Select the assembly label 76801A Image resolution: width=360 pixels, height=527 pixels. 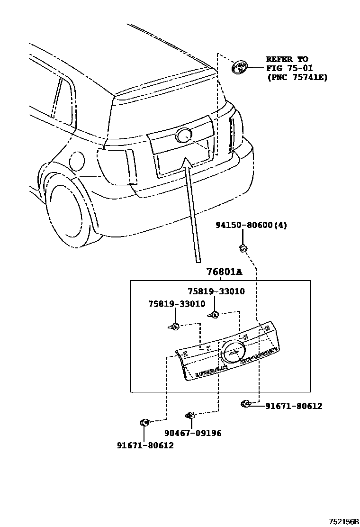pyautogui.click(x=224, y=273)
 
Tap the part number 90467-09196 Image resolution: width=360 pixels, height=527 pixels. pyautogui.click(x=193, y=433)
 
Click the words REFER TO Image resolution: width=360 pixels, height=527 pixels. pyautogui.click(x=287, y=60)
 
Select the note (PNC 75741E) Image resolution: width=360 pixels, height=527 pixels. pyautogui.click(x=297, y=77)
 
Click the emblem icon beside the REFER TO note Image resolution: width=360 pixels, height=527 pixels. pyautogui.click(x=240, y=67)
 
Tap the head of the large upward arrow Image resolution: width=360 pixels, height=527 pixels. pyautogui.click(x=185, y=164)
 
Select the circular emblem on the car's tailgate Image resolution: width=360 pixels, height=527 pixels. pyautogui.click(x=183, y=136)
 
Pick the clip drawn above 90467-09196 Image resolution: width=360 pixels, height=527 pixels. pyautogui.click(x=190, y=416)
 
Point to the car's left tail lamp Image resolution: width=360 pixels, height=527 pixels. pyautogui.click(x=117, y=166)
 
